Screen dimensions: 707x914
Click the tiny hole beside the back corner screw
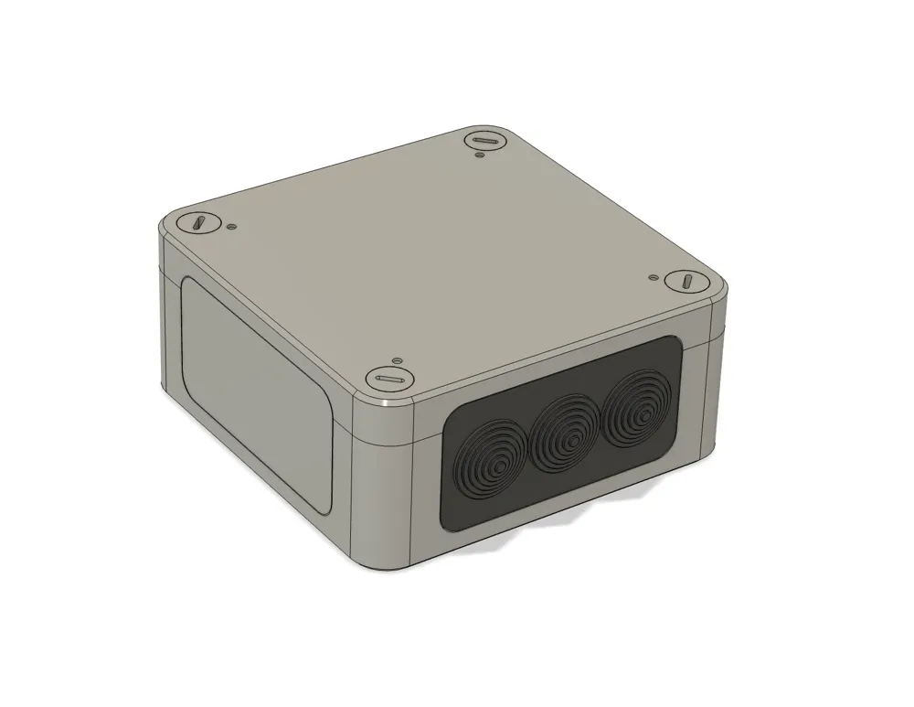480,156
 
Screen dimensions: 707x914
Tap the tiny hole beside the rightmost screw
653,275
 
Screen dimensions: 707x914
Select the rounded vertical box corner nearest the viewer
384,485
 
